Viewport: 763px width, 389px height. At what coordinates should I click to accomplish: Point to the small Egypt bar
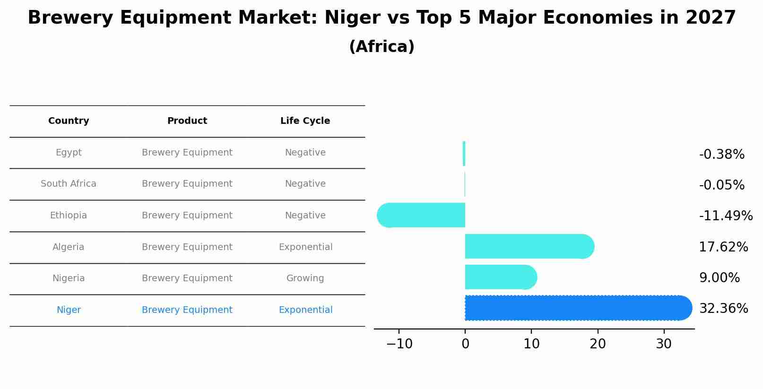(464, 154)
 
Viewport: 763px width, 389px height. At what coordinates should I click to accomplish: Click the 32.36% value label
(723, 309)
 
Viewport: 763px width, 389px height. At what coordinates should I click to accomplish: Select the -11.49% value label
(726, 216)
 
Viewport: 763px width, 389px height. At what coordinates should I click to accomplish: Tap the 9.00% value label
(719, 278)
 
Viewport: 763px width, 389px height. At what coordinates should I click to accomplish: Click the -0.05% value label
(721, 185)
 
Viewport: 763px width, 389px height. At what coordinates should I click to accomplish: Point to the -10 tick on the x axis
(399, 344)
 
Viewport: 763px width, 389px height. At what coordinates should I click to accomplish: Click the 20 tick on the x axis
(598, 344)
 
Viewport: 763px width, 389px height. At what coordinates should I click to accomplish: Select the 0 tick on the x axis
(465, 344)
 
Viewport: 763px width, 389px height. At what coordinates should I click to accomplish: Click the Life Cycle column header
(305, 121)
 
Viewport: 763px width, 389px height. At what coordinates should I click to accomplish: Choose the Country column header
(69, 121)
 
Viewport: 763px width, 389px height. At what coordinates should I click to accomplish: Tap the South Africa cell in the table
(69, 184)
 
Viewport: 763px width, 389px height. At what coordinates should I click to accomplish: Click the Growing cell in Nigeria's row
(305, 278)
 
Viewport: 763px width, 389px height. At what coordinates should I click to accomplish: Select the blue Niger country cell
(69, 310)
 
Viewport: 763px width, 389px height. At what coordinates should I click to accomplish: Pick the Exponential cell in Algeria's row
(305, 247)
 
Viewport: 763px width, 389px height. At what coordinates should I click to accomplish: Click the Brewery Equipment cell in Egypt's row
(187, 153)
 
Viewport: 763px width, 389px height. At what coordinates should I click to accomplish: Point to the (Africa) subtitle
(381, 47)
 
